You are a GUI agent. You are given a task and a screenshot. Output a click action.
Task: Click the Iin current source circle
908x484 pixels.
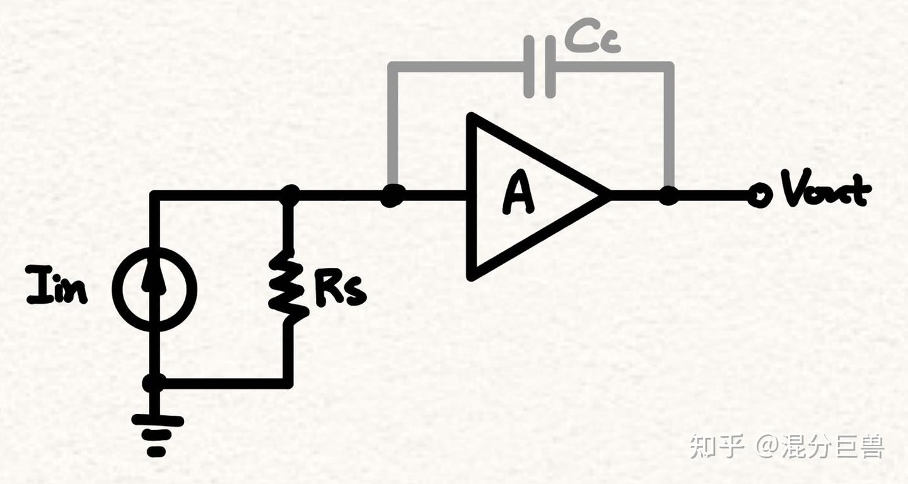point(154,289)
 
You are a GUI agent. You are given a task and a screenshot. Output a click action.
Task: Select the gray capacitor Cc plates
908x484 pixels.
point(540,66)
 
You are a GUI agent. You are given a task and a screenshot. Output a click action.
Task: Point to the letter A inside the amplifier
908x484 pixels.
point(518,195)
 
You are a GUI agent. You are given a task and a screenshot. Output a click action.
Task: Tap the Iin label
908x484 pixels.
point(57,285)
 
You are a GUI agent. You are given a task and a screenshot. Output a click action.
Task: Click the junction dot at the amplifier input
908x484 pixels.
point(392,197)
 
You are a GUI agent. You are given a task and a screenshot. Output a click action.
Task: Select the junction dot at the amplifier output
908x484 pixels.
point(668,195)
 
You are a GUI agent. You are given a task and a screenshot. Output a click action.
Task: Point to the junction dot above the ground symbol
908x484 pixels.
point(154,383)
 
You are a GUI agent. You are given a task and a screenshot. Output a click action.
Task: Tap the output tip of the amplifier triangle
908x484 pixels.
point(607,195)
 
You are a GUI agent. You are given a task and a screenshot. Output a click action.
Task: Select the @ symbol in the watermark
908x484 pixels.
point(768,446)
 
